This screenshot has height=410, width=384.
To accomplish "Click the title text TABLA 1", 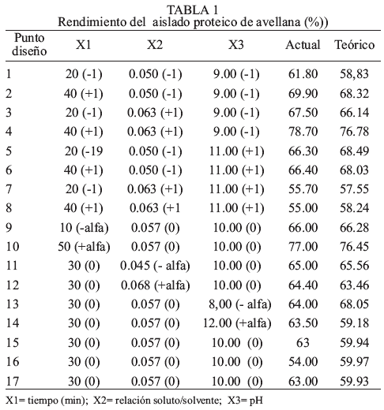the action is pyautogui.click(x=193, y=10).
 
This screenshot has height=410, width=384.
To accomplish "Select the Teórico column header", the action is pyautogui.click(x=354, y=45).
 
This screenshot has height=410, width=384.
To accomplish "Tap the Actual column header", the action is pyautogui.click(x=303, y=45).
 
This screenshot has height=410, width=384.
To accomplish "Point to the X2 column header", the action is pyautogui.click(x=155, y=45).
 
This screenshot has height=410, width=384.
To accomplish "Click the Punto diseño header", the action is pyautogui.click(x=29, y=44).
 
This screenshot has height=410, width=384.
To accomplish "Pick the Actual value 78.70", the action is pyautogui.click(x=303, y=132).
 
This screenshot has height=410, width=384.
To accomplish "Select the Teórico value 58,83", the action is pyautogui.click(x=354, y=74).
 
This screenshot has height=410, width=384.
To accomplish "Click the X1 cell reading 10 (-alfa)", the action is pyautogui.click(x=84, y=228).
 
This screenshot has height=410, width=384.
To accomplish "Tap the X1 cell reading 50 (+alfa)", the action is pyautogui.click(x=84, y=247).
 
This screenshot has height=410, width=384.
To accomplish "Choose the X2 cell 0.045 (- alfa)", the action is pyautogui.click(x=155, y=266).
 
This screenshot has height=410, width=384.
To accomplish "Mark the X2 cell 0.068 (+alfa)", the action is pyautogui.click(x=156, y=285).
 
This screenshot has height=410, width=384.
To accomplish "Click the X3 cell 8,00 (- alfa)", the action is pyautogui.click(x=240, y=304).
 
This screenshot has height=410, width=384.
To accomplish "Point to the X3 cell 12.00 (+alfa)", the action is pyautogui.click(x=237, y=323).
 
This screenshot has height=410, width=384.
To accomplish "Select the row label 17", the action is pyautogui.click(x=13, y=381).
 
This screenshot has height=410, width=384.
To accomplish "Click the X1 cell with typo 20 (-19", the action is pyautogui.click(x=84, y=151).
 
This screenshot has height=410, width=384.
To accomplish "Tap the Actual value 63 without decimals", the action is pyautogui.click(x=303, y=343).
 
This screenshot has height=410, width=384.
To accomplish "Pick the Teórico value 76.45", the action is pyautogui.click(x=354, y=247).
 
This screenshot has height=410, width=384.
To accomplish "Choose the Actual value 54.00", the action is pyautogui.click(x=303, y=362).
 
